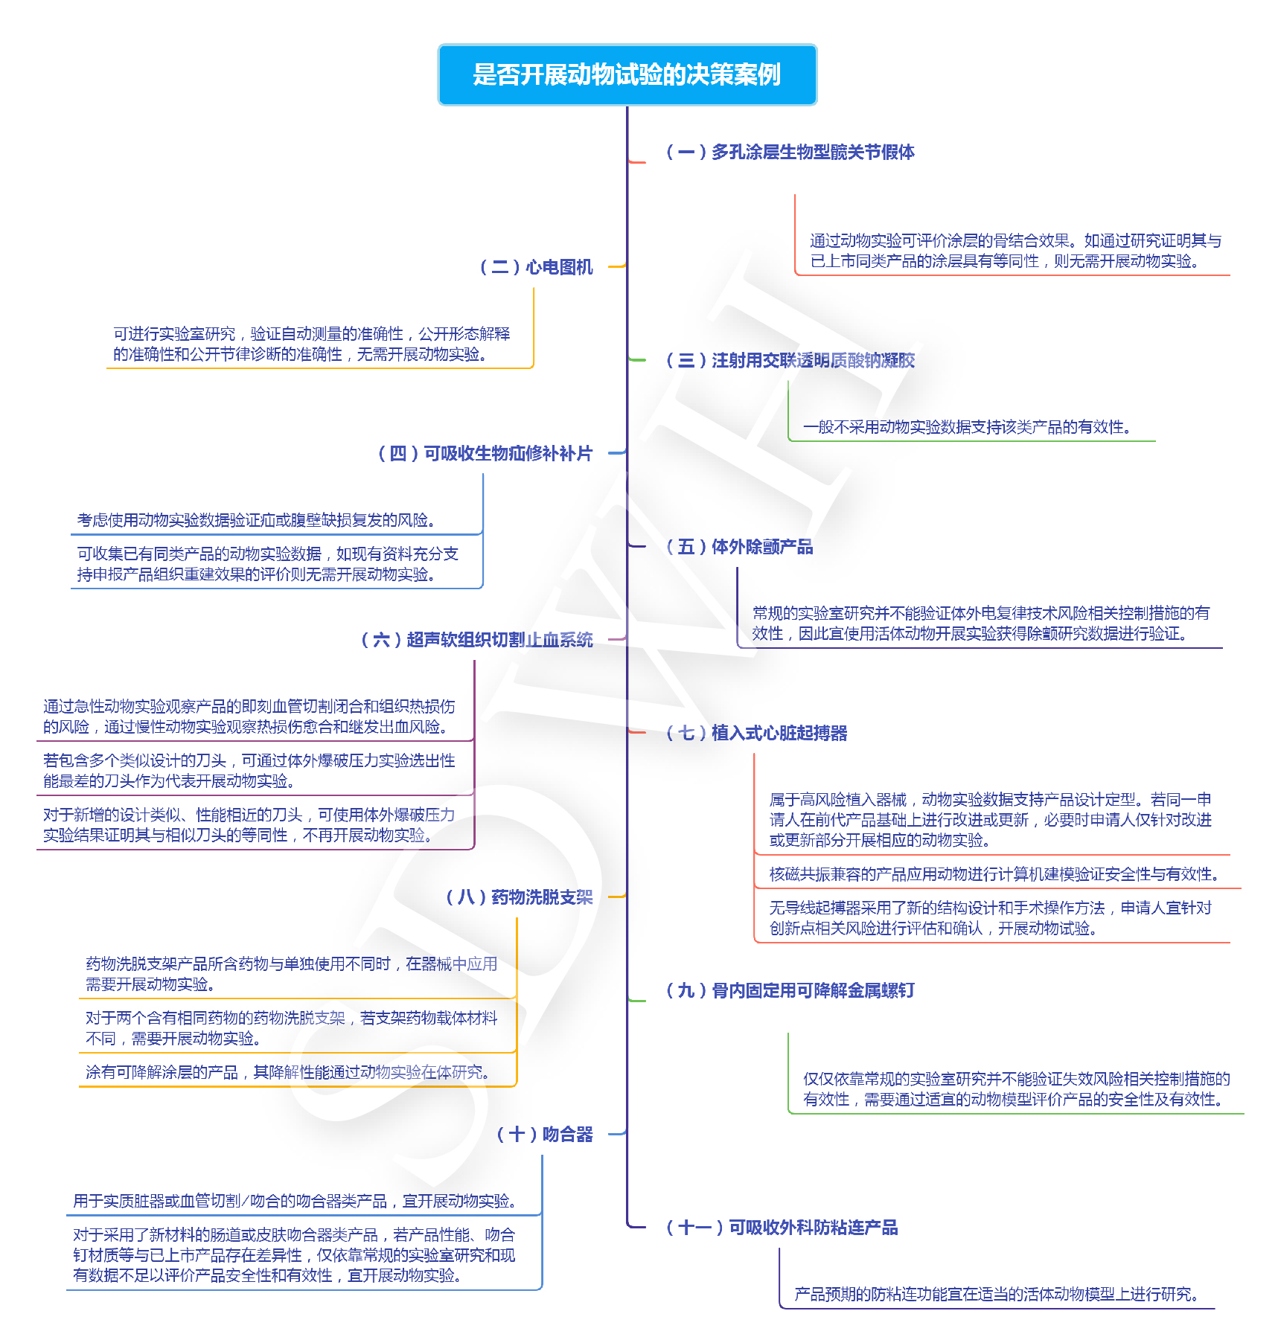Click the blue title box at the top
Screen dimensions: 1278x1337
tap(627, 74)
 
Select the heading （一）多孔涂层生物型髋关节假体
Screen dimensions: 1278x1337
tap(790, 153)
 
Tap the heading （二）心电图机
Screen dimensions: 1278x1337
tap(536, 267)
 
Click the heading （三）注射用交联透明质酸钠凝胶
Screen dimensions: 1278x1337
tap(790, 361)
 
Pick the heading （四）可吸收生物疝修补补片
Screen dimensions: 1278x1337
tap(485, 454)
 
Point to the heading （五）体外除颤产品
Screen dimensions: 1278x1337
tap(739, 547)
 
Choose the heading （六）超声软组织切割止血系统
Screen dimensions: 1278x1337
tap(477, 640)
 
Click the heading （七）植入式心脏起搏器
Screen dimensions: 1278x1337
tap(756, 733)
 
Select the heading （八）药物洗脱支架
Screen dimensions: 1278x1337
tap(520, 897)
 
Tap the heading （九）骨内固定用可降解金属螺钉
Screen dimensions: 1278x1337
tap(790, 990)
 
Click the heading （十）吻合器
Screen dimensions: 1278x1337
tap(545, 1135)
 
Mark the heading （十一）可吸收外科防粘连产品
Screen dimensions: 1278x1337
tap(782, 1228)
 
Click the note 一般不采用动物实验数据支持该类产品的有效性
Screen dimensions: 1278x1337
tap(968, 427)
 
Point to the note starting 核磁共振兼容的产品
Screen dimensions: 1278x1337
tap(994, 874)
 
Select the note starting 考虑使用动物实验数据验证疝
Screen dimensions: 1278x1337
tap(256, 520)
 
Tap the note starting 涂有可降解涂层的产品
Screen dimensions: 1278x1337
tap(288, 1072)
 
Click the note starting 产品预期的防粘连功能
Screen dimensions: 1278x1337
tap(997, 1295)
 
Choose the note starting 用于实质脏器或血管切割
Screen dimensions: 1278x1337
tap(295, 1201)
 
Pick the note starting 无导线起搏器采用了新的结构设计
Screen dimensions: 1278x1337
tap(990, 918)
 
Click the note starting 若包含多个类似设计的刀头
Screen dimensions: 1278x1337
tap(249, 771)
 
